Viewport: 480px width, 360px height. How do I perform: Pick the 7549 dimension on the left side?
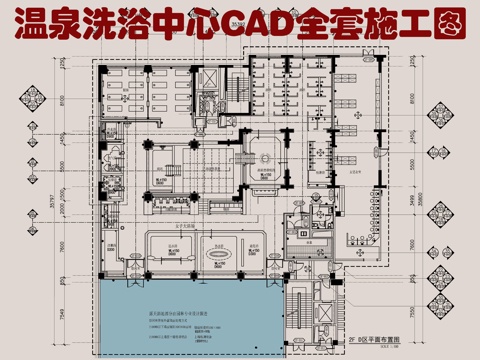coord(62,317)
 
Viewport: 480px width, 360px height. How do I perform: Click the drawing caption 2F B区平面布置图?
coord(375,340)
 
